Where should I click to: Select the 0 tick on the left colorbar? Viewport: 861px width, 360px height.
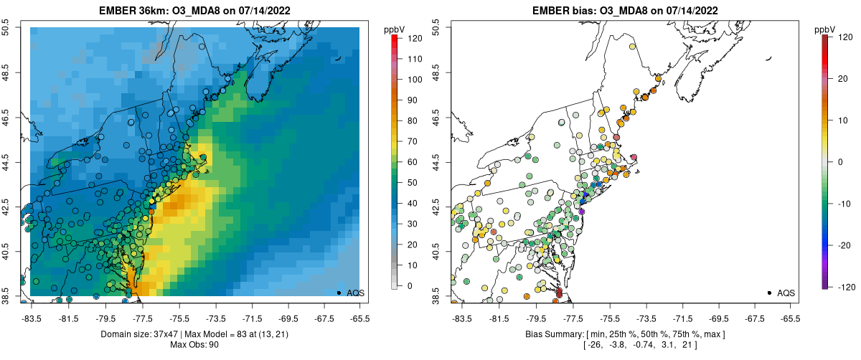(408, 286)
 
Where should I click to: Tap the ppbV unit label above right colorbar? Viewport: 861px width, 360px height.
(825, 29)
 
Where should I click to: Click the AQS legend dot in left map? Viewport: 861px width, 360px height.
(339, 293)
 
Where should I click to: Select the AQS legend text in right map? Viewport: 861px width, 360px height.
(787, 293)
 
